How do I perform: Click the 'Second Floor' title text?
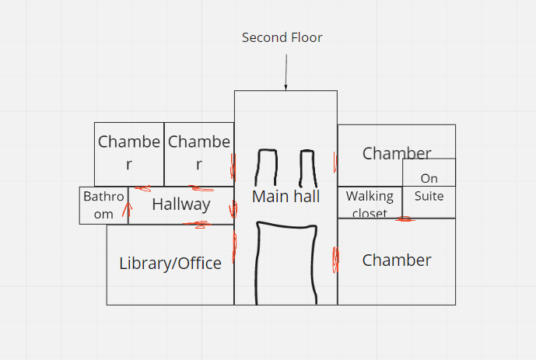(282, 37)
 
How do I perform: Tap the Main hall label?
(286, 197)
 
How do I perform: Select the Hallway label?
(180, 204)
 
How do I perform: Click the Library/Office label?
(170, 264)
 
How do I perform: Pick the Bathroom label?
(103, 205)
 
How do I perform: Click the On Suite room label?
(429, 187)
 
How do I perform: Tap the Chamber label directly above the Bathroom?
(129, 152)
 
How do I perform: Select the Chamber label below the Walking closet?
(397, 260)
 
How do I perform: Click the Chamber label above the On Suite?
(396, 153)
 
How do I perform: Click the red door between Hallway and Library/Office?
(198, 225)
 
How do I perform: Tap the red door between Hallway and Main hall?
(233, 209)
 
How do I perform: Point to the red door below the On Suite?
(405, 218)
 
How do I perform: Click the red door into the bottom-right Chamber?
(336, 258)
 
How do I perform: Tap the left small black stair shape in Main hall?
(266, 166)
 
